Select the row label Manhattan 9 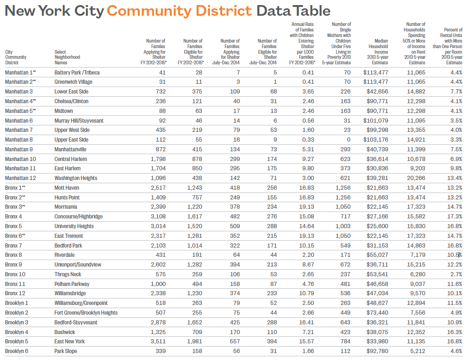click(x=19, y=149)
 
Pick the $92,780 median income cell click(x=377, y=351)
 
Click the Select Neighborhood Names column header click(x=67, y=57)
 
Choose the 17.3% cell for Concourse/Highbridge click(x=455, y=217)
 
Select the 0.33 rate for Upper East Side click(x=308, y=140)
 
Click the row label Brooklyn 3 click(x=17, y=322)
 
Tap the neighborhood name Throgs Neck click(x=68, y=274)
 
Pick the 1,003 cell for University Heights click(x=342, y=226)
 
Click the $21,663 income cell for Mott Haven click(x=377, y=188)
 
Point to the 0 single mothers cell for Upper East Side click(x=348, y=140)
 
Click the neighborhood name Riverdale click(x=65, y=255)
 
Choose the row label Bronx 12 click(x=15, y=293)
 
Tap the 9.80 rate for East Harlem click(x=308, y=168)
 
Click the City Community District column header click(x=16, y=57)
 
